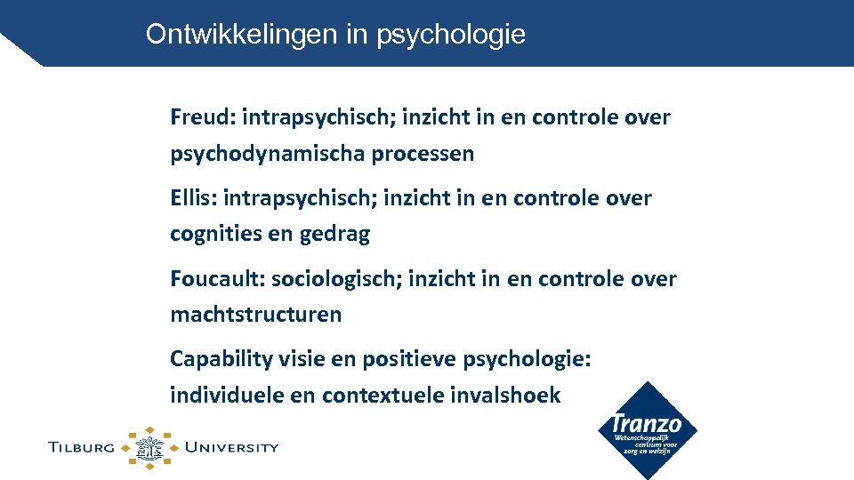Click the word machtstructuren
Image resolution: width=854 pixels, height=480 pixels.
255,315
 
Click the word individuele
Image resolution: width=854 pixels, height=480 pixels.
224,396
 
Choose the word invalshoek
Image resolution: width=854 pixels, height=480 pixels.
507,396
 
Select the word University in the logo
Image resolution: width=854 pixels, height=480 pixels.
231,447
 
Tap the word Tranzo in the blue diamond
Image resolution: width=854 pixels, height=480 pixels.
646,424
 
